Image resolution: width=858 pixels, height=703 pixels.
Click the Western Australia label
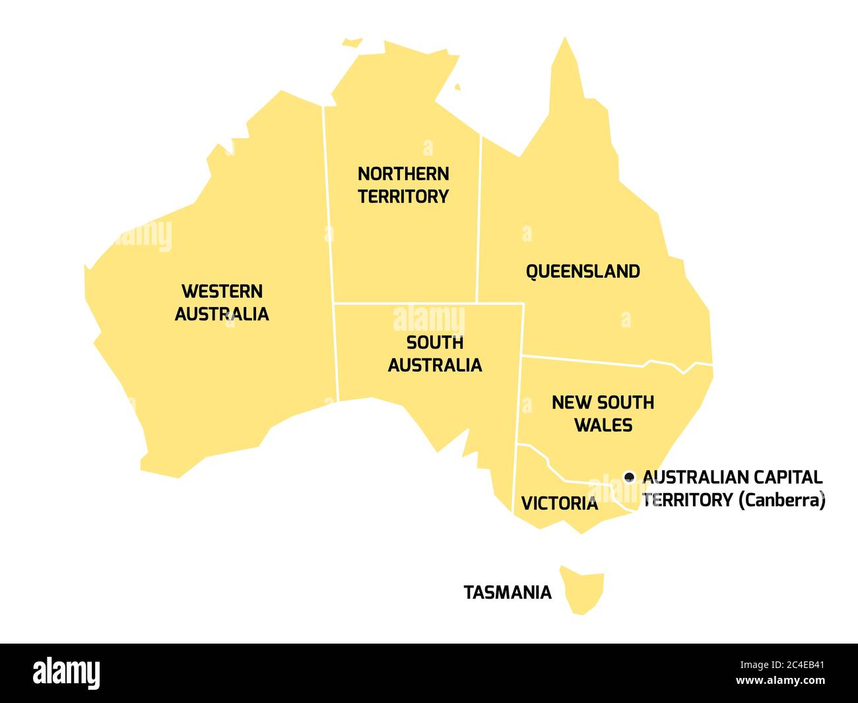222,302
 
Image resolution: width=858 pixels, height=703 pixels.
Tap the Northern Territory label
403,185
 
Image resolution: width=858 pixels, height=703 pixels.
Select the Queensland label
583,271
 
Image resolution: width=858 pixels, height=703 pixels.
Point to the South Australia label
435,354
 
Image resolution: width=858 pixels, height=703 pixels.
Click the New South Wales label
603,413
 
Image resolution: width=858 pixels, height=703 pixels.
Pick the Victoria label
559,504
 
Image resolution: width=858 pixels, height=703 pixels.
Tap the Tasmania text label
508,593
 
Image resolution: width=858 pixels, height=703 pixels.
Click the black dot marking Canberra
629,476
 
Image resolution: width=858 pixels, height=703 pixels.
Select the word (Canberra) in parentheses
781,500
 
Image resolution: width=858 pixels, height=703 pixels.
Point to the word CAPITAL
789,477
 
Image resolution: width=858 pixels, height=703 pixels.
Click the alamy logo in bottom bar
67,673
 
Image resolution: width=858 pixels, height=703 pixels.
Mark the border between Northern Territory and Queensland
479,218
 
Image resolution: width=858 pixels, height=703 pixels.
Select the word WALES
603,425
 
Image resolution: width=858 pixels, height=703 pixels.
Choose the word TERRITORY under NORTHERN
403,197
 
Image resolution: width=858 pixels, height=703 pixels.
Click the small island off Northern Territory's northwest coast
352,42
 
